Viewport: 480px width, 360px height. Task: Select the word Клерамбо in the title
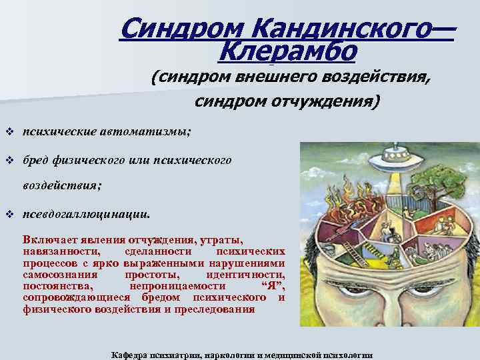[x=287, y=50]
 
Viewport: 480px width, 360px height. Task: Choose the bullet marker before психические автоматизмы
[x=9, y=131]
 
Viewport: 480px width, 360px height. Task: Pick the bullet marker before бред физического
[x=9, y=161]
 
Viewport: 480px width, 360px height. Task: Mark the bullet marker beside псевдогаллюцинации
[x=9, y=215]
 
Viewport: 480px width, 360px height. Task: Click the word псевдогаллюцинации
[x=87, y=215]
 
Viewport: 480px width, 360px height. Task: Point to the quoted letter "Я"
[x=271, y=285]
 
